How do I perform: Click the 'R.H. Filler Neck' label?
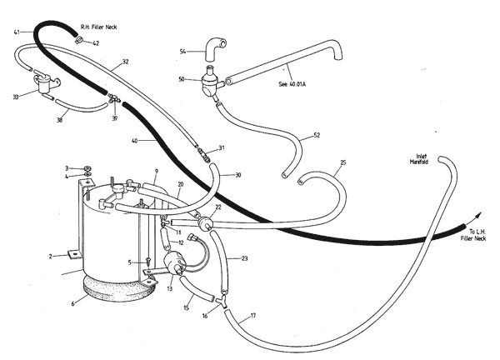click(x=98, y=27)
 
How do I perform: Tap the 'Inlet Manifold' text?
click(x=419, y=159)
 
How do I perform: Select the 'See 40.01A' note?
click(x=292, y=84)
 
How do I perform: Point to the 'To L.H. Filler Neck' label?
click(x=473, y=235)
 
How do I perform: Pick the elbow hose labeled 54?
click(x=215, y=49)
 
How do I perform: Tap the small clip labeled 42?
click(x=79, y=40)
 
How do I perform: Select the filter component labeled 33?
click(x=45, y=83)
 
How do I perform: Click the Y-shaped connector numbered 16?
click(x=222, y=302)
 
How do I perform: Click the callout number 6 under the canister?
click(x=72, y=304)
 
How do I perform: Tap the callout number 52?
click(x=317, y=135)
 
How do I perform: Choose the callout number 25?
click(x=343, y=162)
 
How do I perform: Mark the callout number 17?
click(x=253, y=316)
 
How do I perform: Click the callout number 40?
click(x=134, y=141)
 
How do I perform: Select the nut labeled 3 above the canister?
click(x=87, y=168)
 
